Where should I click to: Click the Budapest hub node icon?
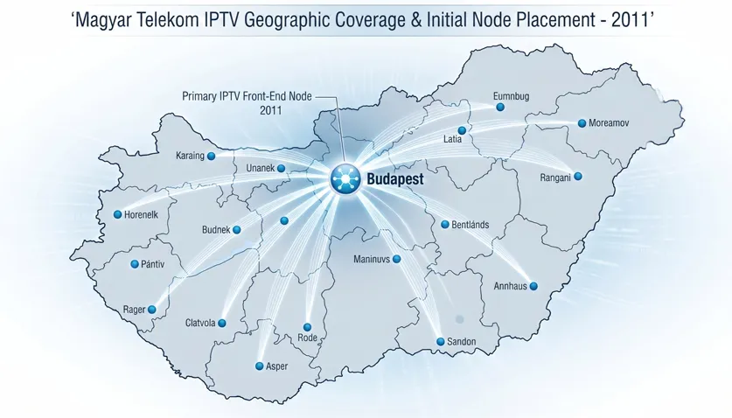point(345,179)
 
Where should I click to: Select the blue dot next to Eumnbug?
point(500,108)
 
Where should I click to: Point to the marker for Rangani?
point(577,177)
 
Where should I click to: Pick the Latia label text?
point(453,139)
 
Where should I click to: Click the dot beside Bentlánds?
point(444,224)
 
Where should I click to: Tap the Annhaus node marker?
point(533,286)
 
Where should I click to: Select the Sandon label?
point(461,341)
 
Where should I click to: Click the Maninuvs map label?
point(370,259)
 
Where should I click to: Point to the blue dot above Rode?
point(308,325)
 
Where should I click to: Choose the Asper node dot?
point(259,366)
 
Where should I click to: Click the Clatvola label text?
point(200,324)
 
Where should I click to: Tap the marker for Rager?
point(152,309)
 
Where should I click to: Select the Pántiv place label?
point(152,264)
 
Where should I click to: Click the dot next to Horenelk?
point(117,214)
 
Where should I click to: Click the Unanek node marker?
point(281,168)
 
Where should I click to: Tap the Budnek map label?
point(215,229)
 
